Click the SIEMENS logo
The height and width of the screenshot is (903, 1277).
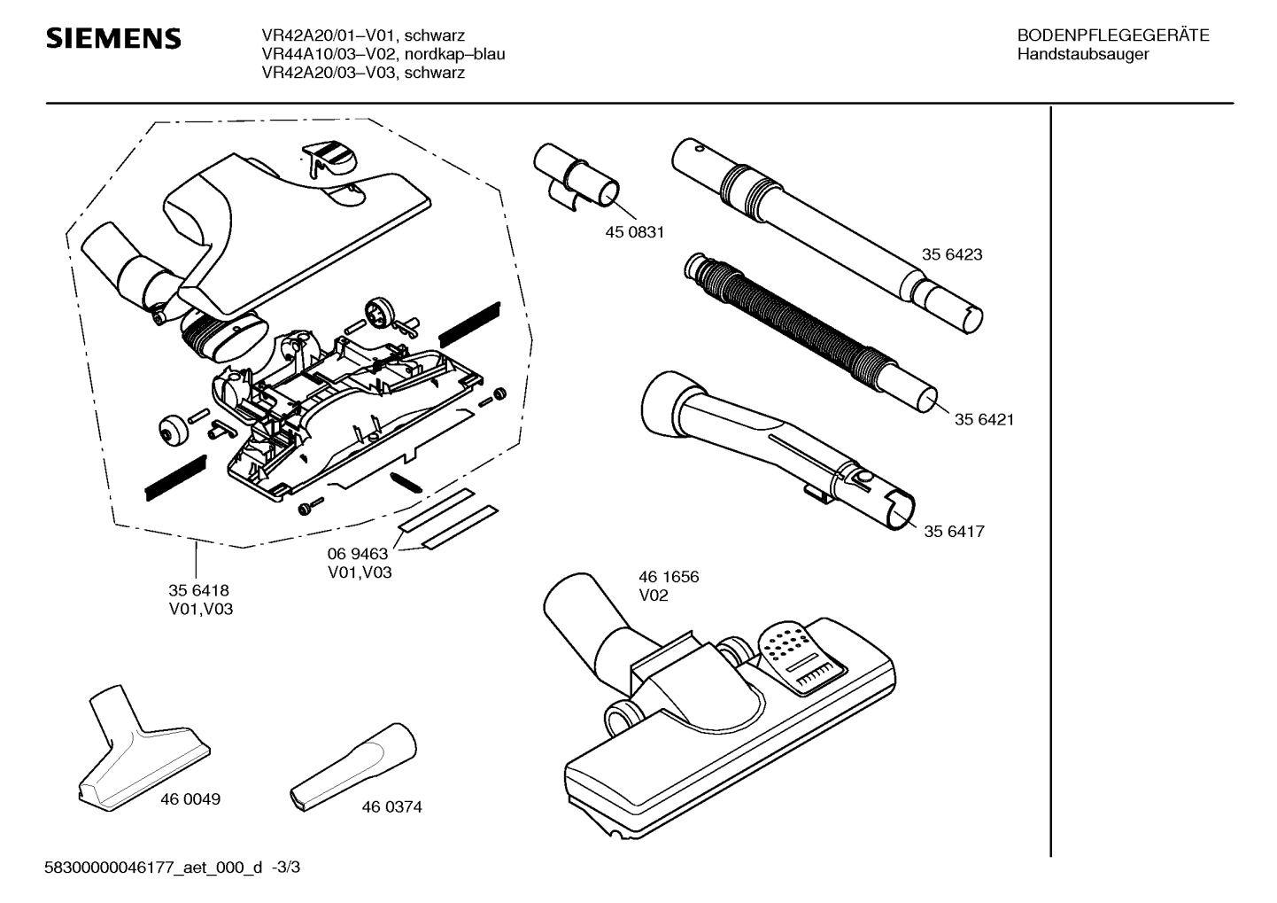(x=113, y=39)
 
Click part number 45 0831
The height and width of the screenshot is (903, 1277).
(x=634, y=232)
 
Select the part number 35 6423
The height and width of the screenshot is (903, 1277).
(x=952, y=254)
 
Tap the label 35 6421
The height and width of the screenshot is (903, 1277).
(x=984, y=419)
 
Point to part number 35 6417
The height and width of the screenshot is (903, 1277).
(x=954, y=532)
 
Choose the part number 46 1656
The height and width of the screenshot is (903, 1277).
(x=669, y=577)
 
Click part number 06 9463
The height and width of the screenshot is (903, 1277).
(x=359, y=554)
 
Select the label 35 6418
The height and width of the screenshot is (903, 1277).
(x=199, y=590)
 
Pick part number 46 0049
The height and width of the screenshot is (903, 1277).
(x=190, y=798)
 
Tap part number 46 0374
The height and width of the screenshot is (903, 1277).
(x=391, y=807)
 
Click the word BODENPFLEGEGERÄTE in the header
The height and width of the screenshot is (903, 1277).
(x=1113, y=35)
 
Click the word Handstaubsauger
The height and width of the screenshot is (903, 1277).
(x=1083, y=54)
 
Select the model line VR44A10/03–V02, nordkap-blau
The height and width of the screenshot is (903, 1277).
(x=383, y=54)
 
